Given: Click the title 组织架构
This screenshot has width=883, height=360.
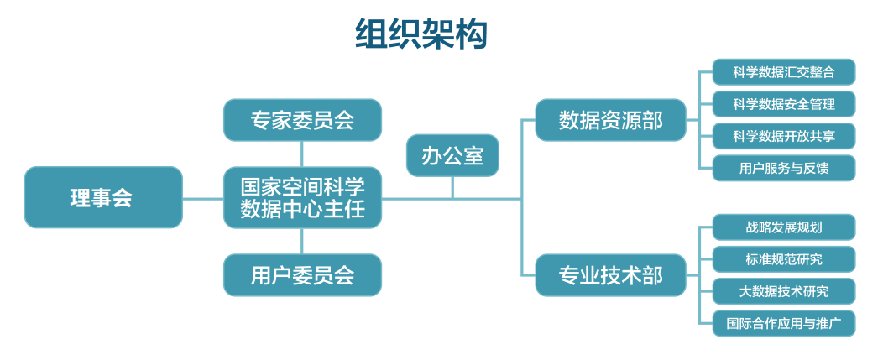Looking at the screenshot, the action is point(421,34).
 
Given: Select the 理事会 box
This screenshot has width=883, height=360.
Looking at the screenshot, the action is point(103,197).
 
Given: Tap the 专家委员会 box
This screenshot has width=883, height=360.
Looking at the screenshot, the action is point(302,120).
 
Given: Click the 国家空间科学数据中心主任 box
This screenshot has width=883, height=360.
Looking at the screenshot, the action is point(302,198).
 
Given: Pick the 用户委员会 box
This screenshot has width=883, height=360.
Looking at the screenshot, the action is point(302,275).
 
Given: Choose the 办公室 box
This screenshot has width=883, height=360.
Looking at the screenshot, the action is point(452,155).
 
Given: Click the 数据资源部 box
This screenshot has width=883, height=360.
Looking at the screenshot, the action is point(610,120).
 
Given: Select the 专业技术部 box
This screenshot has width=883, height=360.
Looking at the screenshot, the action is point(610,275).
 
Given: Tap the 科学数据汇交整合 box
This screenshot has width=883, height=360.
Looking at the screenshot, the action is point(784,72).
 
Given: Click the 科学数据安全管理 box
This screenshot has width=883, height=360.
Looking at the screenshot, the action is point(784,104).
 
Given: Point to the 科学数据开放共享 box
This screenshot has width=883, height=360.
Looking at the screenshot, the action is point(784,136).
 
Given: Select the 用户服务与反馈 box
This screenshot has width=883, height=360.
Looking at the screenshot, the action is point(784,168).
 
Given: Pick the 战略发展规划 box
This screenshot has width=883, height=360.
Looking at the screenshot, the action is point(784,227).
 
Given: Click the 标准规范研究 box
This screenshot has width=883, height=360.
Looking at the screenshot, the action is point(784,259).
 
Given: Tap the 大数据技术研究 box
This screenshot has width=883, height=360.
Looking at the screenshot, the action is point(784,291).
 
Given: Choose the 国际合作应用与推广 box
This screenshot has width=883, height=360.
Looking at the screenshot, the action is point(784,323).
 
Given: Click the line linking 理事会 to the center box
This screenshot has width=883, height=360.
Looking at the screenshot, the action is point(203,198).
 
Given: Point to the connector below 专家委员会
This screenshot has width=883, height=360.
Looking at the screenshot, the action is point(302,154).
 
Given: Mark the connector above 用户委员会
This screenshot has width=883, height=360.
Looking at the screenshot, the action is point(302,241).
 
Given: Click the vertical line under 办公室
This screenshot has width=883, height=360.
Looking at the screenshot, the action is point(452,187).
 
